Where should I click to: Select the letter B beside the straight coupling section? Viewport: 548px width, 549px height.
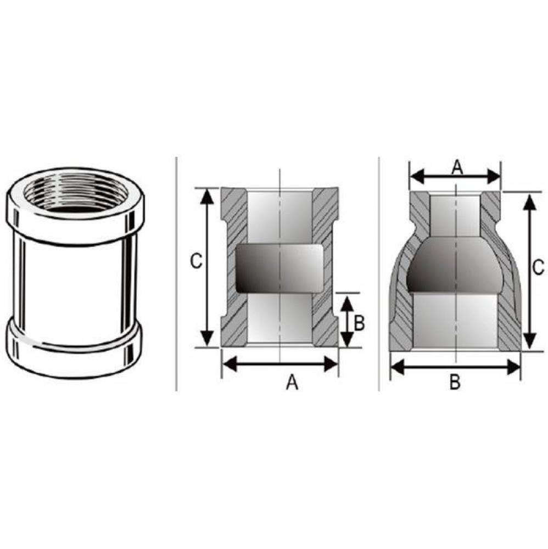(359, 323)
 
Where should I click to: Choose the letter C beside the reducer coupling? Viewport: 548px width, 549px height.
(539, 267)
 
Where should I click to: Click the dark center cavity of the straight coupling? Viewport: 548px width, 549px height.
(279, 269)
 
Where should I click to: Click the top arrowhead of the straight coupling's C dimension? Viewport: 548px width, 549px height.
(207, 195)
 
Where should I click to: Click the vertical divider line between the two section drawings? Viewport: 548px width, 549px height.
(379, 274)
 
